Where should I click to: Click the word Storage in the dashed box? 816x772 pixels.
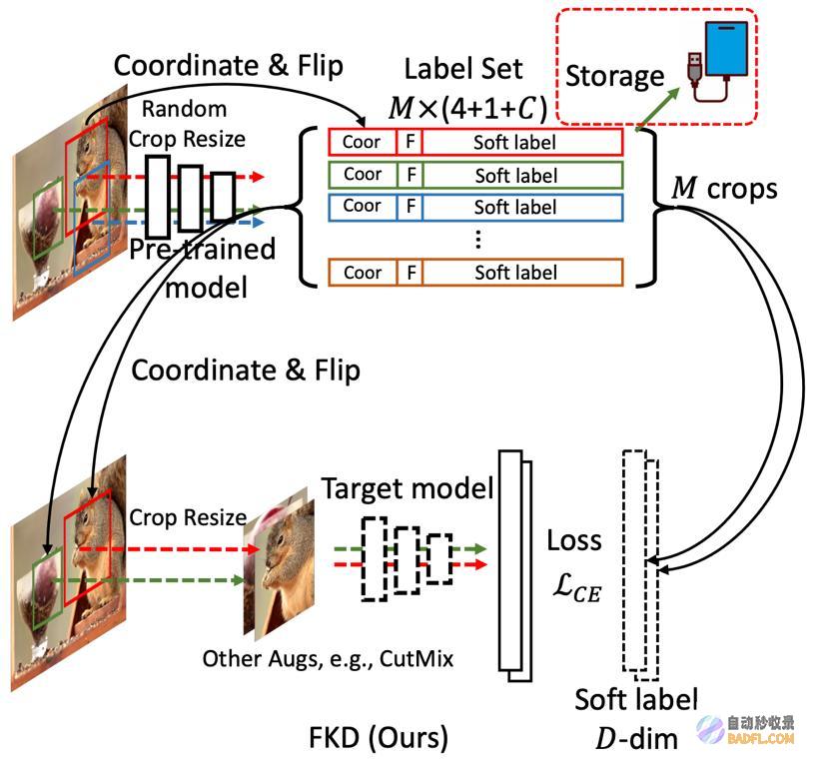click(614, 77)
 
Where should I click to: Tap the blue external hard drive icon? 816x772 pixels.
click(726, 48)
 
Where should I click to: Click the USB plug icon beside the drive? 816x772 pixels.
click(695, 67)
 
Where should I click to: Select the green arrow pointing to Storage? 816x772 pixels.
click(658, 107)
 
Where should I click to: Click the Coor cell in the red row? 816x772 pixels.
click(362, 142)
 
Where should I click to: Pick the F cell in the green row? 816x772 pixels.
click(411, 175)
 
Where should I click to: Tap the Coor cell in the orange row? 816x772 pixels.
click(363, 273)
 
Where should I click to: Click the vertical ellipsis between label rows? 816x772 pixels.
click(477, 240)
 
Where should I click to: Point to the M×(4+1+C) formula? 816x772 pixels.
click(467, 108)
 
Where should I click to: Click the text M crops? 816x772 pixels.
click(724, 189)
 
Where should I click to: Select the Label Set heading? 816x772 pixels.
click(463, 69)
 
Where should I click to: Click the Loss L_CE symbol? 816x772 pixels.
click(575, 566)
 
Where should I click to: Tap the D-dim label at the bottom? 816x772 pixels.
click(636, 739)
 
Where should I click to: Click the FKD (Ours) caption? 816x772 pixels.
click(379, 738)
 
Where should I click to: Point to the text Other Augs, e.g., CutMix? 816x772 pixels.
click(328, 658)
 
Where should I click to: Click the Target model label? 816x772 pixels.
click(408, 488)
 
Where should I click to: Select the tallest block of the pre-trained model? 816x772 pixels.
click(158, 197)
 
